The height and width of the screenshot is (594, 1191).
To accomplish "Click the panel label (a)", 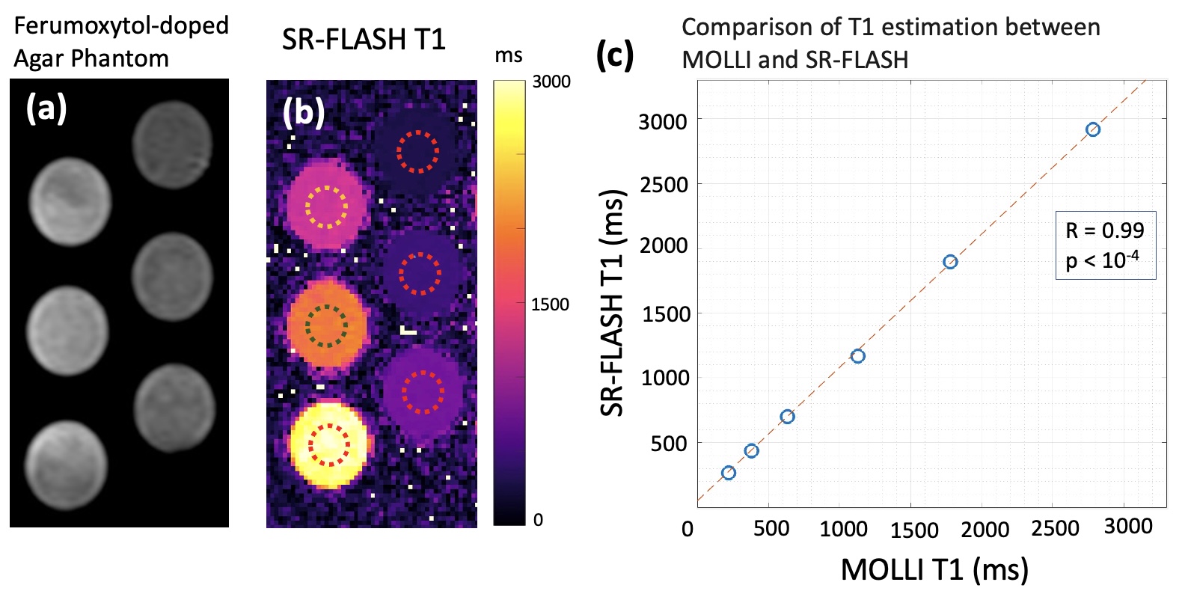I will tap(46, 109).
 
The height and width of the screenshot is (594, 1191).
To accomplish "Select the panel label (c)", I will tap(615, 55).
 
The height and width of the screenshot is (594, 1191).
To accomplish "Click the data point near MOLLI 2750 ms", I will tap(1092, 129).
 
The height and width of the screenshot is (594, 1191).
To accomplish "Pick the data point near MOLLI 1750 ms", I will tap(950, 262).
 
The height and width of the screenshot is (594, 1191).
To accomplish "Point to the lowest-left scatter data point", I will tap(728, 473).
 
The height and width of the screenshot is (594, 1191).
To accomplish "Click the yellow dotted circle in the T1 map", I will tap(327, 206).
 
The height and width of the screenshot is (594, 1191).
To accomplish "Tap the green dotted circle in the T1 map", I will tap(327, 325).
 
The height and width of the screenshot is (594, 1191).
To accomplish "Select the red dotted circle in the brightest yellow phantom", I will tap(329, 444).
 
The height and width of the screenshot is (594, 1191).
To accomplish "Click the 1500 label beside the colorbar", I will tap(550, 304).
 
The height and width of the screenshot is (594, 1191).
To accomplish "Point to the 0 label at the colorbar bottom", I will tap(538, 520).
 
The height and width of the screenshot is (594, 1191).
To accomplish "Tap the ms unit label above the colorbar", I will tap(509, 56).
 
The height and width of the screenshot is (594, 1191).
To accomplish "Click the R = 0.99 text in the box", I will tap(1105, 230).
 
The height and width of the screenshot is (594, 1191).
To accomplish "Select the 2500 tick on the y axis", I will tap(663, 184).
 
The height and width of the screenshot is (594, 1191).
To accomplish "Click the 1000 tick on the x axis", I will tap(843, 529).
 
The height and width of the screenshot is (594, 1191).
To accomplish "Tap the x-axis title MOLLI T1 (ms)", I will tap(934, 570).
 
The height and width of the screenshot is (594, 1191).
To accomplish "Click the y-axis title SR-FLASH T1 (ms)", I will tap(612, 303).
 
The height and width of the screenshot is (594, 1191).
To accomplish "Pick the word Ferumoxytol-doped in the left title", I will tap(121, 25).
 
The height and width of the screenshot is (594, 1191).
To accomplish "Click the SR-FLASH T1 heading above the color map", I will tap(364, 39).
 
